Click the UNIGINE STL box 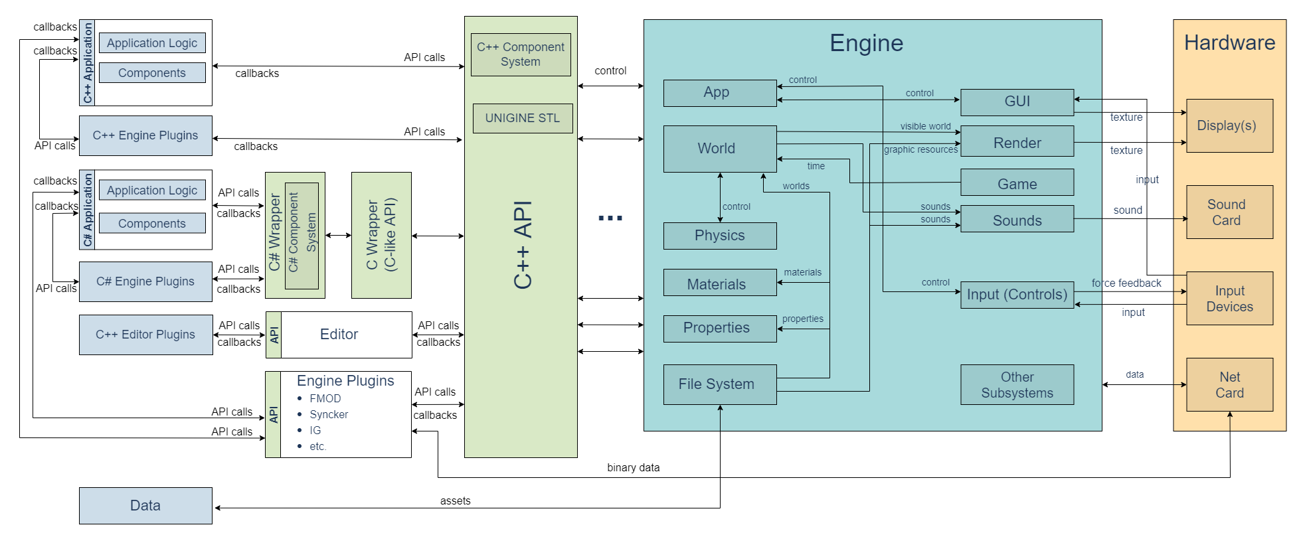coord(523,118)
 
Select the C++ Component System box coord(521,54)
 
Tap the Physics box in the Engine coord(720,236)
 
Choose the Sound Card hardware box coord(1229,212)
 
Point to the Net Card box coord(1229,385)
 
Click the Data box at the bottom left coord(145,506)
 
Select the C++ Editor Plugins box coord(145,335)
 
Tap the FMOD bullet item coord(325,398)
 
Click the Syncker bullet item coord(329,414)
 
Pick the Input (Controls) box coord(1017,295)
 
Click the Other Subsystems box coord(1017,385)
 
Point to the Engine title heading coord(866,43)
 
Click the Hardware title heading coord(1229,43)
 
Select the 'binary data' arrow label coord(633,468)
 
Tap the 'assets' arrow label coord(455,501)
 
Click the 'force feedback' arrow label coord(1126,283)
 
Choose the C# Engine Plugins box coord(145,281)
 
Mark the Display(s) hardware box coord(1229,126)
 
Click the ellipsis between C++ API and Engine coord(610,218)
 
